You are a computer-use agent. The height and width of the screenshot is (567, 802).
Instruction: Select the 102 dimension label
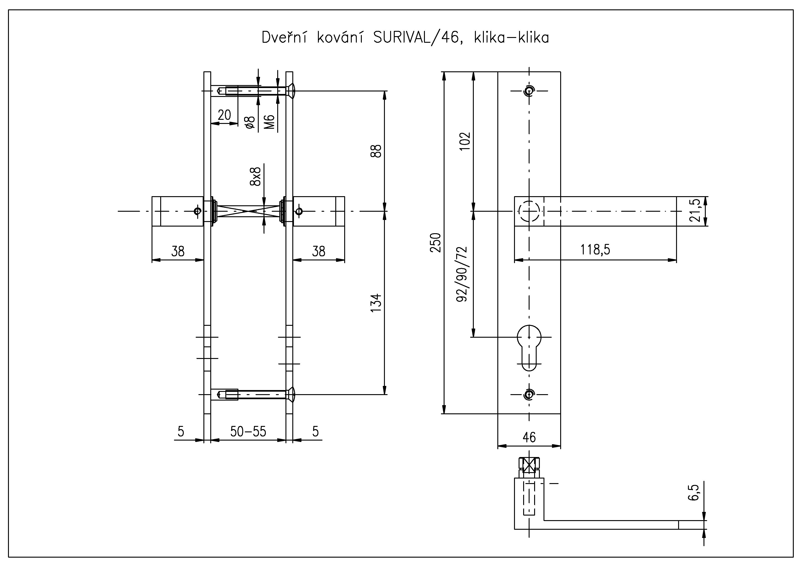pos(465,141)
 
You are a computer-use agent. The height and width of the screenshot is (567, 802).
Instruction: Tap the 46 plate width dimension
pos(529,437)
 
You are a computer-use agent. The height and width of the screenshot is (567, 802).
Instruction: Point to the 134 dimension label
pos(377,303)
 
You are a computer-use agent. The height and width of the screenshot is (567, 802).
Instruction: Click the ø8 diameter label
pos(250,122)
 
